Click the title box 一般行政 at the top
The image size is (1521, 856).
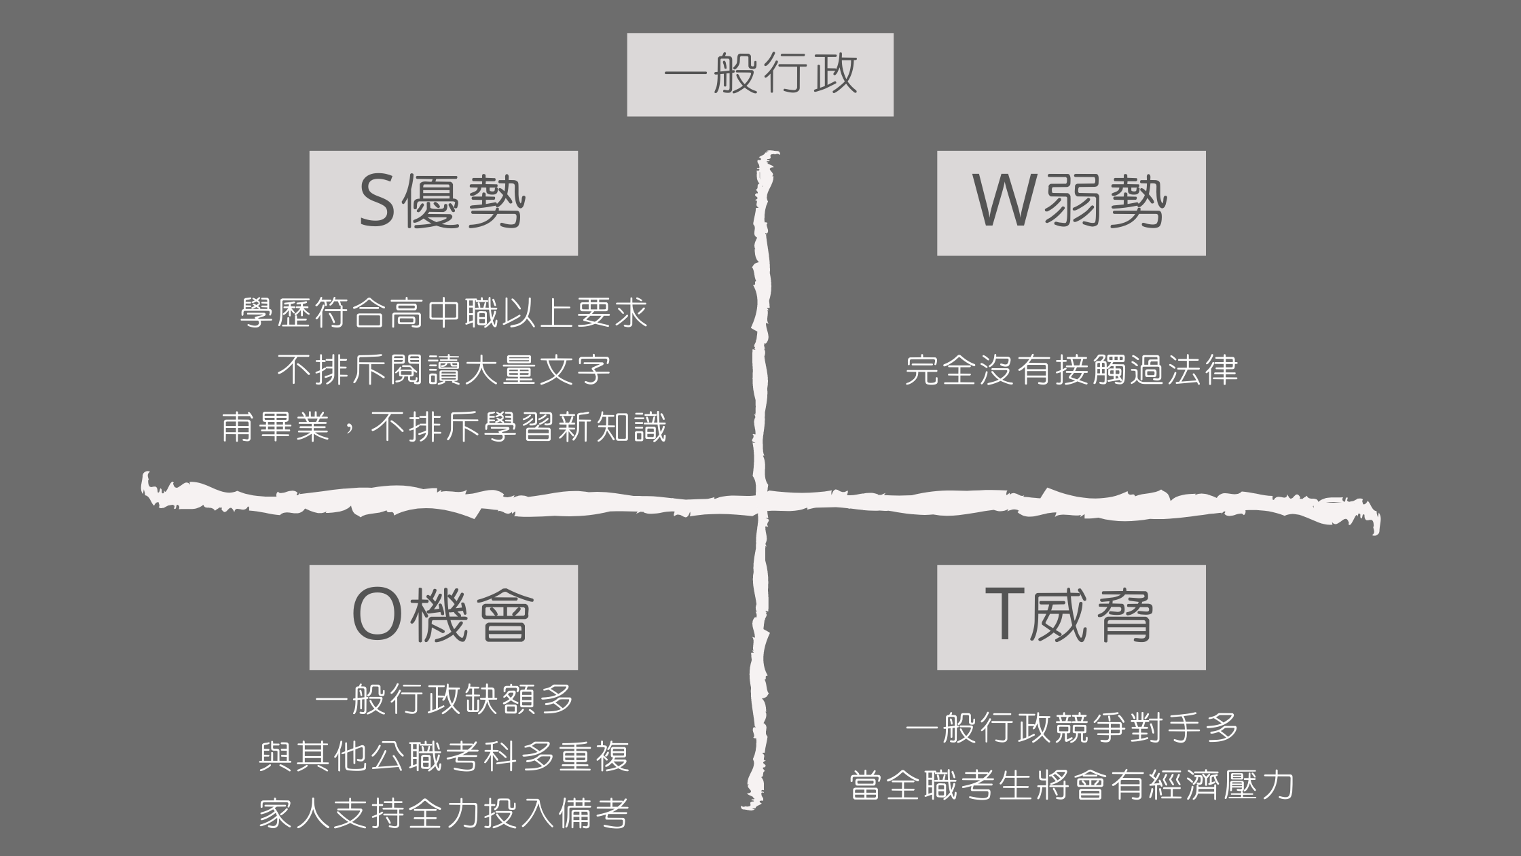[760, 75]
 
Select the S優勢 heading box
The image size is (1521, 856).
[443, 203]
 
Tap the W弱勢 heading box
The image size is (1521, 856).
[1071, 203]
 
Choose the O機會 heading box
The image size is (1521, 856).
[443, 617]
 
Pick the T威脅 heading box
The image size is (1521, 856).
[1071, 617]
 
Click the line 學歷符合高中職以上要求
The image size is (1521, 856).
[444, 313]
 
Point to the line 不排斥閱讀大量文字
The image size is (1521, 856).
[444, 370]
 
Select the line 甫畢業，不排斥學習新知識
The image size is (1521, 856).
[444, 427]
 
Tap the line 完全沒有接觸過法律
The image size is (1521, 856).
[1071, 370]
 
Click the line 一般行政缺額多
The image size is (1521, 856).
[444, 700]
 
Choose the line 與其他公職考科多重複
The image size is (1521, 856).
[444, 757]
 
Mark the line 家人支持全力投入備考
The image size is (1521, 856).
[444, 814]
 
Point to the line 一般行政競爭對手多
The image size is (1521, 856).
[1071, 728]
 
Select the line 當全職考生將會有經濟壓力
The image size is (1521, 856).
[1071, 785]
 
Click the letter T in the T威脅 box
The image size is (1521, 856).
[1004, 616]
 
